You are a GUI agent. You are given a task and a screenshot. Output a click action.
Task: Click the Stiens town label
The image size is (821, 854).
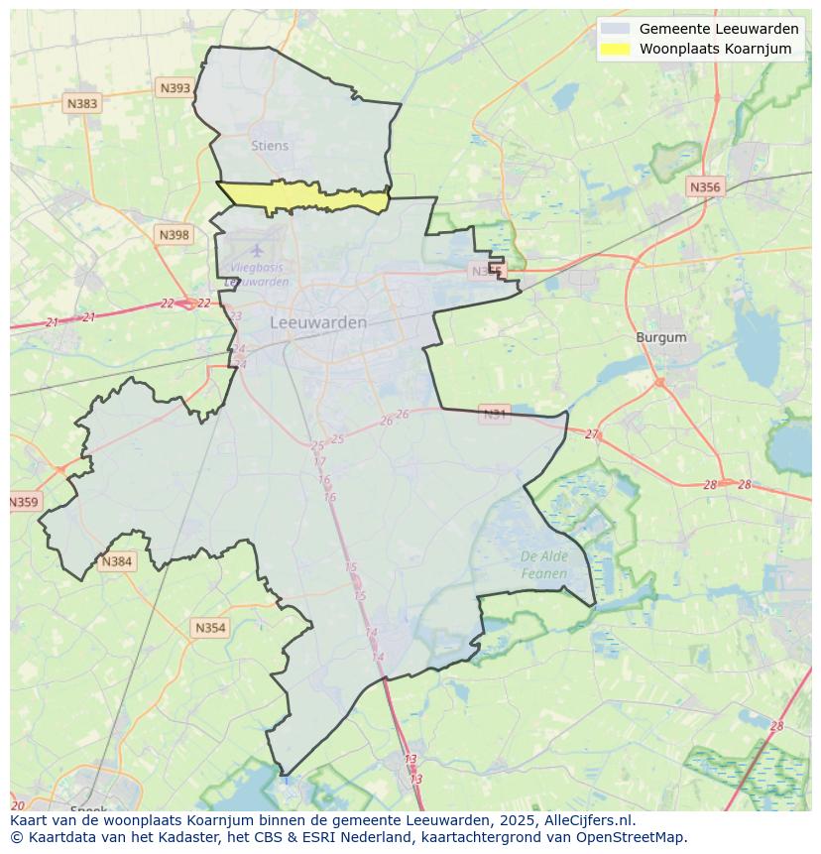click(x=270, y=146)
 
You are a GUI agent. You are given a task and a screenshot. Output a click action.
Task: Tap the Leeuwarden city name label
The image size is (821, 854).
click(x=318, y=322)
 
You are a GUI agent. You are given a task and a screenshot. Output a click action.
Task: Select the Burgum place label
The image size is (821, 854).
click(x=661, y=337)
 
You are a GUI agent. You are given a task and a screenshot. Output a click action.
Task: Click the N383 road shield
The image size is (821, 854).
click(x=82, y=103)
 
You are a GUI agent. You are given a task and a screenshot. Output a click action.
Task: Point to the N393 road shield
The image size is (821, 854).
click(x=175, y=88)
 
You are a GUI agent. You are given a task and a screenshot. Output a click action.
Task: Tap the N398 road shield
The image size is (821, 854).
click(x=174, y=235)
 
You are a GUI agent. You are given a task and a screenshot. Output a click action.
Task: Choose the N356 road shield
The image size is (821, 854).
click(x=705, y=186)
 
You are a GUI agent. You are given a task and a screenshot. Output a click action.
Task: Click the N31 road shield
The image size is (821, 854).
click(x=495, y=414)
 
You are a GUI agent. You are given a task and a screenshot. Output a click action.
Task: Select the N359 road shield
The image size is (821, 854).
click(x=24, y=502)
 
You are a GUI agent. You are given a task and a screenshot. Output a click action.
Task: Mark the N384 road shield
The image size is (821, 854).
click(x=116, y=561)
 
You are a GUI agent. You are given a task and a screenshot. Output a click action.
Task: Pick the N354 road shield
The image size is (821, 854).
click(x=210, y=628)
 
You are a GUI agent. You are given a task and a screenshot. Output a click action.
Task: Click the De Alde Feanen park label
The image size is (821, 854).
click(x=544, y=564)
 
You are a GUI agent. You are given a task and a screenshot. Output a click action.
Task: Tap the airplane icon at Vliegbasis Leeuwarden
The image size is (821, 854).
click(x=257, y=250)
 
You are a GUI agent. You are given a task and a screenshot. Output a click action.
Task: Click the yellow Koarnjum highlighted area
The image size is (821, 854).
click(x=302, y=196)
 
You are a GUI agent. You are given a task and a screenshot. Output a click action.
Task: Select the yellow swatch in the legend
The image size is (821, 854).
click(x=615, y=49)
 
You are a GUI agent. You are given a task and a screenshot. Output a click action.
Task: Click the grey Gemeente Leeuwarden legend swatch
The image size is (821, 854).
click(x=615, y=29)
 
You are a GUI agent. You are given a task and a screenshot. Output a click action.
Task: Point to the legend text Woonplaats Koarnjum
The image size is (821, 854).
click(x=715, y=49)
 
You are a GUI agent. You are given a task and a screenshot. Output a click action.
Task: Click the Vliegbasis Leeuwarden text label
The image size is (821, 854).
click(x=257, y=275)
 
